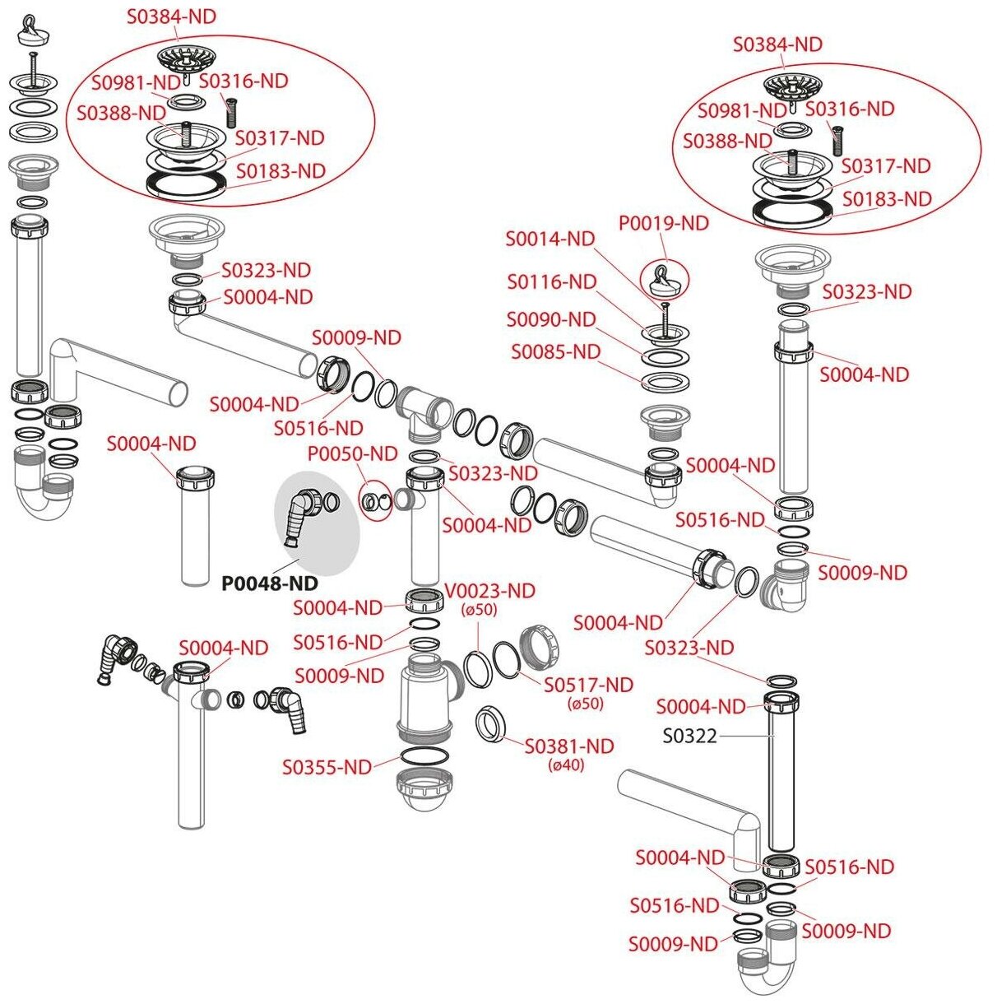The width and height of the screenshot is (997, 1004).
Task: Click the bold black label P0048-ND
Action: [x=270, y=583]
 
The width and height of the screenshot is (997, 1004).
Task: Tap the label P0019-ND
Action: [x=664, y=223]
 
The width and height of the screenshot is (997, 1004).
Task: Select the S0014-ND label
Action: [x=550, y=239]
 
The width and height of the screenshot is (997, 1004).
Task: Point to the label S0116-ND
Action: [x=551, y=282]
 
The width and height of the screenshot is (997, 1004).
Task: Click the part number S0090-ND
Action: [x=550, y=319]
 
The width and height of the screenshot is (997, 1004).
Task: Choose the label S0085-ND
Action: [x=555, y=352]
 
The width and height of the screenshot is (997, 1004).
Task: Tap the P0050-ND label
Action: [x=352, y=453]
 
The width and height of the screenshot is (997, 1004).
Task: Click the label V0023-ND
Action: [x=489, y=591]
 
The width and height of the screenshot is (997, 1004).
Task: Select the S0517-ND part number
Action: [x=588, y=685]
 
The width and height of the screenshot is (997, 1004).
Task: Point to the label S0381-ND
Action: [x=569, y=746]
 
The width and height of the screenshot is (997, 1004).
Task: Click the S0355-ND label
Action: [x=327, y=767]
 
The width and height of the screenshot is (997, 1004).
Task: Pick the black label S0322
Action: [x=689, y=736]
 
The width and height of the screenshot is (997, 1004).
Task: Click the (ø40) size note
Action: [x=567, y=765]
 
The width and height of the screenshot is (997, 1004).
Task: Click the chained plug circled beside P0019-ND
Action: [x=663, y=281]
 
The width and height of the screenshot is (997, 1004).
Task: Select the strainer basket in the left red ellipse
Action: [x=185, y=59]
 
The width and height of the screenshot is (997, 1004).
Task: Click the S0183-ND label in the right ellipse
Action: [x=887, y=199]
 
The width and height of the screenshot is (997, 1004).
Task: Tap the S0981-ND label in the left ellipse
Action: [x=136, y=82]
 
